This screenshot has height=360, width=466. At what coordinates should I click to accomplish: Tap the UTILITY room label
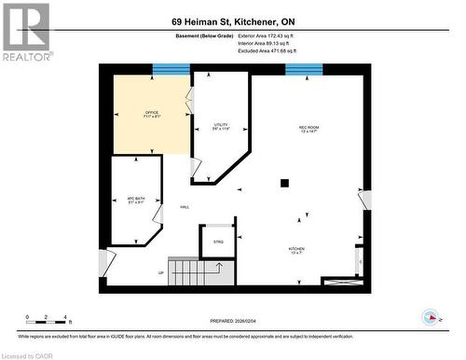[221, 125]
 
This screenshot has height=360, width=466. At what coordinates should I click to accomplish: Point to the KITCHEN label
[295, 250]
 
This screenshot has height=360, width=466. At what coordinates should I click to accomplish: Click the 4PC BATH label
[136, 200]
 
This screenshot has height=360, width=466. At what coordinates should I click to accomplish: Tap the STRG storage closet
[218, 242]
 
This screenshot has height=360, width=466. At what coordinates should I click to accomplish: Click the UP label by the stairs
[160, 273]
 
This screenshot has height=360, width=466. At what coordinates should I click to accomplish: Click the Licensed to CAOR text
[30, 354]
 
